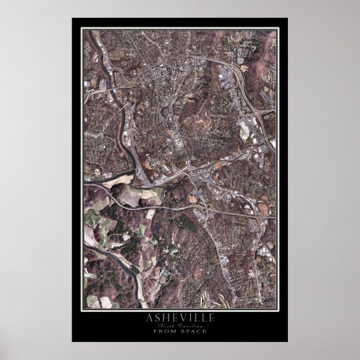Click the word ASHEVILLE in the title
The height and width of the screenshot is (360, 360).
click(x=179, y=319)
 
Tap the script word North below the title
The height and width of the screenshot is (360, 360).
click(x=166, y=326)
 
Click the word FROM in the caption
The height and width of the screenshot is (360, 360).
click(x=164, y=331)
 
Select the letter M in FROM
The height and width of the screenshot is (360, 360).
click(x=172, y=331)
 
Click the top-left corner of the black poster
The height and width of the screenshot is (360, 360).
click(x=72, y=18)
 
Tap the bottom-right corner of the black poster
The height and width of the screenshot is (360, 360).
click(x=288, y=342)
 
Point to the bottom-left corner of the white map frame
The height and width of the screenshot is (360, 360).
click(x=83, y=309)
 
